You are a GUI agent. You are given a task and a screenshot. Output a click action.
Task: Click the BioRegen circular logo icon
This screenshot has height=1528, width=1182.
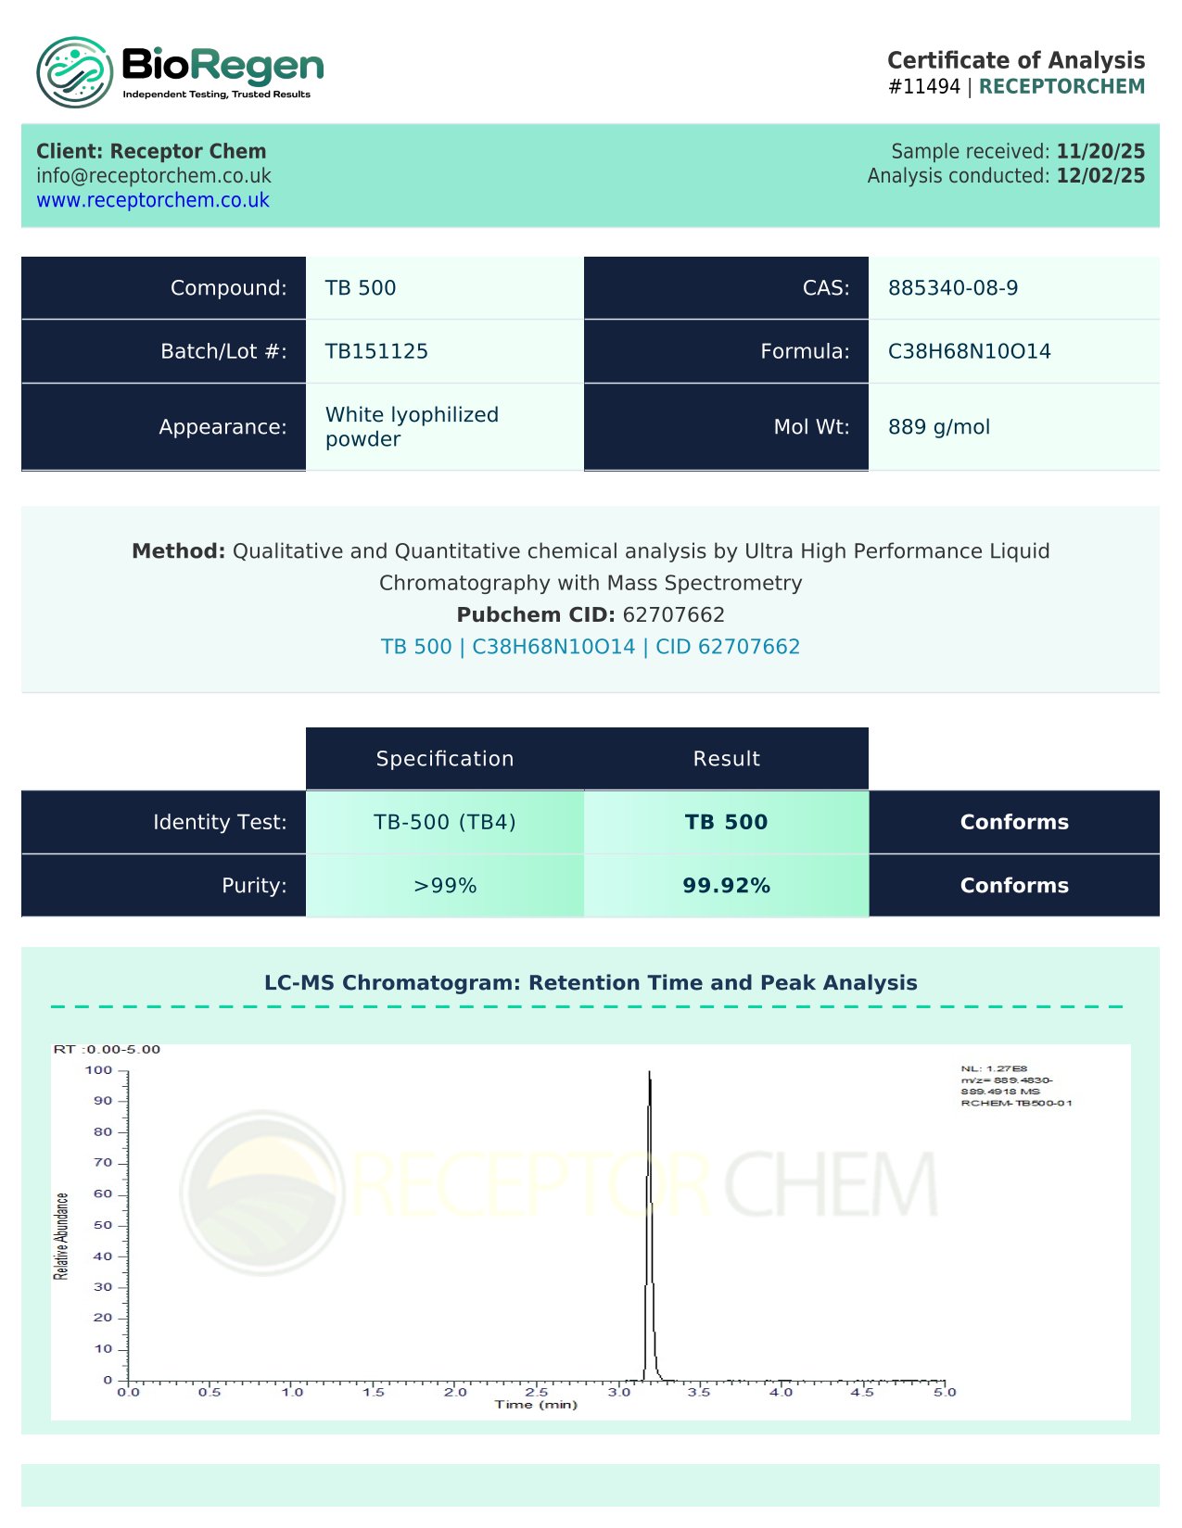74,71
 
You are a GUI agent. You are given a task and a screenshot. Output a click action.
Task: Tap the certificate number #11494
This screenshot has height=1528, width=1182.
923,86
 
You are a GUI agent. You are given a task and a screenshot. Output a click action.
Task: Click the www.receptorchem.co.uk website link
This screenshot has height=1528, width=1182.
153,200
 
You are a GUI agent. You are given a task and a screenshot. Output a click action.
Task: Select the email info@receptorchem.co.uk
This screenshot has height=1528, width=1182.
154,176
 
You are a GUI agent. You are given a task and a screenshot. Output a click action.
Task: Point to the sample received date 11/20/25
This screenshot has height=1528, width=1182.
1100,151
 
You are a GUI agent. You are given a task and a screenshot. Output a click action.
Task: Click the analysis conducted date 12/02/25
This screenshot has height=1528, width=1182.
1100,176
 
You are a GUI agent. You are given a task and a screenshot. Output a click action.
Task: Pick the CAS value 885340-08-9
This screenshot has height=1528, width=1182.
952,288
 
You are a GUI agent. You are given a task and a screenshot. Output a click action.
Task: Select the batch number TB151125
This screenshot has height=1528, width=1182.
376,351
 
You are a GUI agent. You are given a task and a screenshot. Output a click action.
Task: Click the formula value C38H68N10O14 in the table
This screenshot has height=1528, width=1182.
969,351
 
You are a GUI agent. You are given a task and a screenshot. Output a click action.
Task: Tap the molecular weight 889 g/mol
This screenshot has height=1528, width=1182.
938,427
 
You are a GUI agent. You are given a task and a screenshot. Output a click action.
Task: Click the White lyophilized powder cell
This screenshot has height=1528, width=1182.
412,426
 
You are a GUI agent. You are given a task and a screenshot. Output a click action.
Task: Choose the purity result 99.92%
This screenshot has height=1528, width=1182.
726,886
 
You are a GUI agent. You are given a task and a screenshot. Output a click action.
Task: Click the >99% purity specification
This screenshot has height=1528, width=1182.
445,886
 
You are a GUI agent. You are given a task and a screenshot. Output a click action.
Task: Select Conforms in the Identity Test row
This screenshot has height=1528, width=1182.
1014,822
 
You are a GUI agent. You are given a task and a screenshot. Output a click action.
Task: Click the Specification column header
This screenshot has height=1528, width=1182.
445,759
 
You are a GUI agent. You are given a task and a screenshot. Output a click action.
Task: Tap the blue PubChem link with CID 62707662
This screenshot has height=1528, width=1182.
591,647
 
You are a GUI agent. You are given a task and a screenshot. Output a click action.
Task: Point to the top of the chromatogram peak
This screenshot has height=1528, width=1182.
649,1073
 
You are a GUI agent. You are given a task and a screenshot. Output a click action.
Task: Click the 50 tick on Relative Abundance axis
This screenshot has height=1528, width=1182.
103,1225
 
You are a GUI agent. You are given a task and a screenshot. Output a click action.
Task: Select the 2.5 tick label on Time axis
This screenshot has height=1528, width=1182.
537,1392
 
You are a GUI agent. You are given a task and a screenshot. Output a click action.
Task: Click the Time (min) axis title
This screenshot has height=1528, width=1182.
536,1405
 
